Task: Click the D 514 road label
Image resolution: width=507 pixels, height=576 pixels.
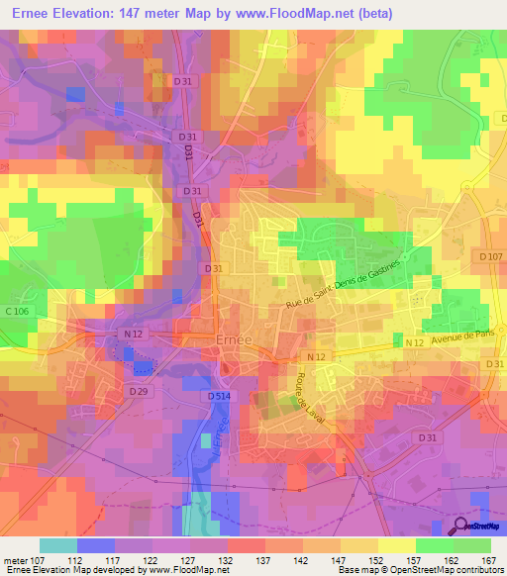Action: click(x=221, y=396)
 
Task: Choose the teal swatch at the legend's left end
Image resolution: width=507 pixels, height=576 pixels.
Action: click(x=57, y=544)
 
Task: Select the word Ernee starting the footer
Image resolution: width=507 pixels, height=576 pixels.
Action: click(x=19, y=570)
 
